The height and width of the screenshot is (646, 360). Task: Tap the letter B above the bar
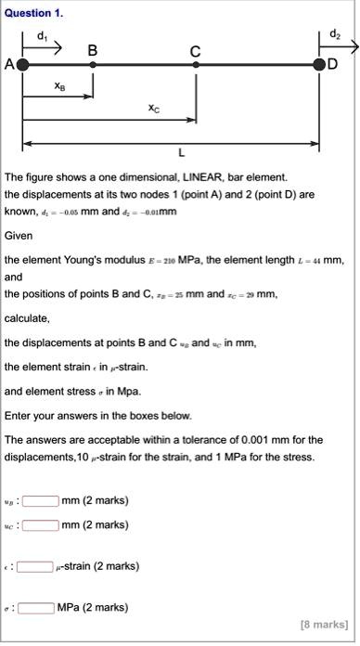[93, 53]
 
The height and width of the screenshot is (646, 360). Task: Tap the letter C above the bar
[194, 53]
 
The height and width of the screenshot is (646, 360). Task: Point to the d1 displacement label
[40, 34]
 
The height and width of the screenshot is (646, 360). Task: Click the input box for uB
[41, 501]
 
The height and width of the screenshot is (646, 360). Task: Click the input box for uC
[41, 524]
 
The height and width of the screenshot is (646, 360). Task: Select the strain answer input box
[35, 566]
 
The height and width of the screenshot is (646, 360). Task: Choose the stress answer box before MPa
[35, 608]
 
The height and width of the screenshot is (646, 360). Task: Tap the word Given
[19, 236]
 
